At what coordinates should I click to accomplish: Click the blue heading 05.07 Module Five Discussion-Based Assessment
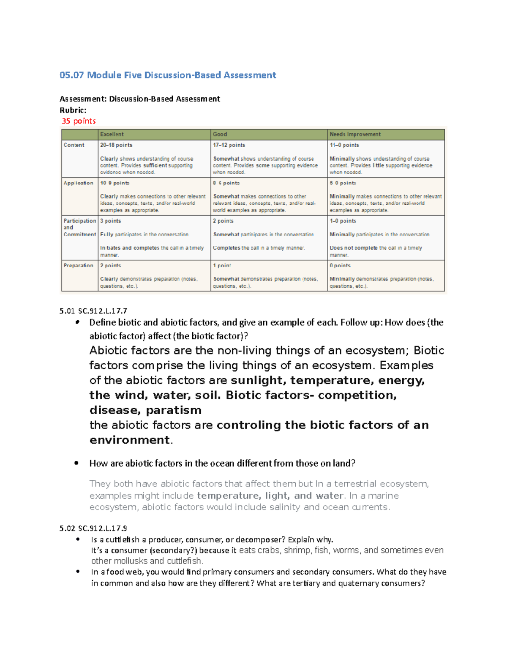pyautogui.click(x=168, y=75)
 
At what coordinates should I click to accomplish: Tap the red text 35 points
pyautogui.click(x=79, y=121)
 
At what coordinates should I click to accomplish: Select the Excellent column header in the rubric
pyautogui.click(x=112, y=135)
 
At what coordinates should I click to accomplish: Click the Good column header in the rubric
pyautogui.click(x=220, y=135)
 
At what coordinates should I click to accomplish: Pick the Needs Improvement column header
pyautogui.click(x=355, y=135)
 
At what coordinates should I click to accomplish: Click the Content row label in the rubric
pyautogui.click(x=74, y=145)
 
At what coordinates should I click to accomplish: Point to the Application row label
pyautogui.click(x=78, y=183)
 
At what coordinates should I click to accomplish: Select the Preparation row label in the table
pyautogui.click(x=78, y=266)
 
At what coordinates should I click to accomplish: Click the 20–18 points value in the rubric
pyautogui.click(x=116, y=145)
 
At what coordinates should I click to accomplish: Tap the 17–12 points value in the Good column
pyautogui.click(x=229, y=145)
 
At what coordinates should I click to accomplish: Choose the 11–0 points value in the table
pyautogui.click(x=344, y=145)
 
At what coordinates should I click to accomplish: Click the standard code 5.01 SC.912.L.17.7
pyautogui.click(x=93, y=311)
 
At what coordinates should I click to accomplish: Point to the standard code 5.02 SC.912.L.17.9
pyautogui.click(x=93, y=528)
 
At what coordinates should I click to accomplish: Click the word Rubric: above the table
pyautogui.click(x=73, y=110)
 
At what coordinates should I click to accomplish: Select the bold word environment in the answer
pyautogui.click(x=129, y=440)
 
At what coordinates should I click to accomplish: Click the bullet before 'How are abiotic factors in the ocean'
pyautogui.click(x=76, y=463)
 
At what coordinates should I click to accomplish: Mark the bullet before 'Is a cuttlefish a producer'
pyautogui.click(x=78, y=539)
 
